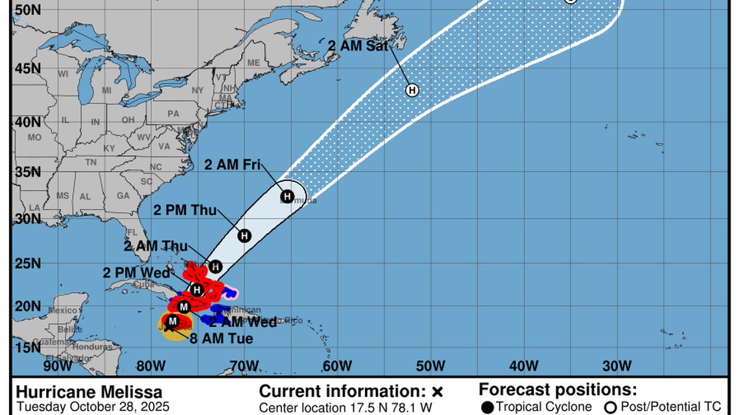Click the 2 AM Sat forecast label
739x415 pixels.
358,46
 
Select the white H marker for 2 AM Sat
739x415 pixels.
412,90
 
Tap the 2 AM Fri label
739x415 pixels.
233,164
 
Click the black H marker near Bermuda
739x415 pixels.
287,196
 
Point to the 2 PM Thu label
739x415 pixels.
185,210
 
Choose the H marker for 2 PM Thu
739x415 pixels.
244,236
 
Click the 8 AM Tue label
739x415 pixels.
222,337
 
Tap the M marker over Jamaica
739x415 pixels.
172,321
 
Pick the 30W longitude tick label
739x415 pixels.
616,366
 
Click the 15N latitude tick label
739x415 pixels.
25,348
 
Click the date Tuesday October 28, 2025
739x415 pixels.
93,407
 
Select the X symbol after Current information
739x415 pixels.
437,392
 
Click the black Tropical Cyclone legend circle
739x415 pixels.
487,407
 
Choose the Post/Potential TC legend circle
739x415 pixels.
610,407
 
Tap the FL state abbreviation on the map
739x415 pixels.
132,232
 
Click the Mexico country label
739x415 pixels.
62,310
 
